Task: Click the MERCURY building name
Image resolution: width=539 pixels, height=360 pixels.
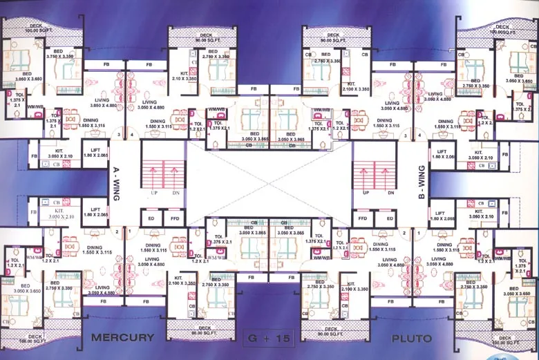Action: (122, 338)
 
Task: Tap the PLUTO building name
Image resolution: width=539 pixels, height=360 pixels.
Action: (411, 339)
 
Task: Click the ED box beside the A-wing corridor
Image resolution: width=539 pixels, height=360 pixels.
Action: (151, 218)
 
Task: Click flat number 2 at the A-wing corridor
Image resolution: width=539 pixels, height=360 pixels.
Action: (118, 231)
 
